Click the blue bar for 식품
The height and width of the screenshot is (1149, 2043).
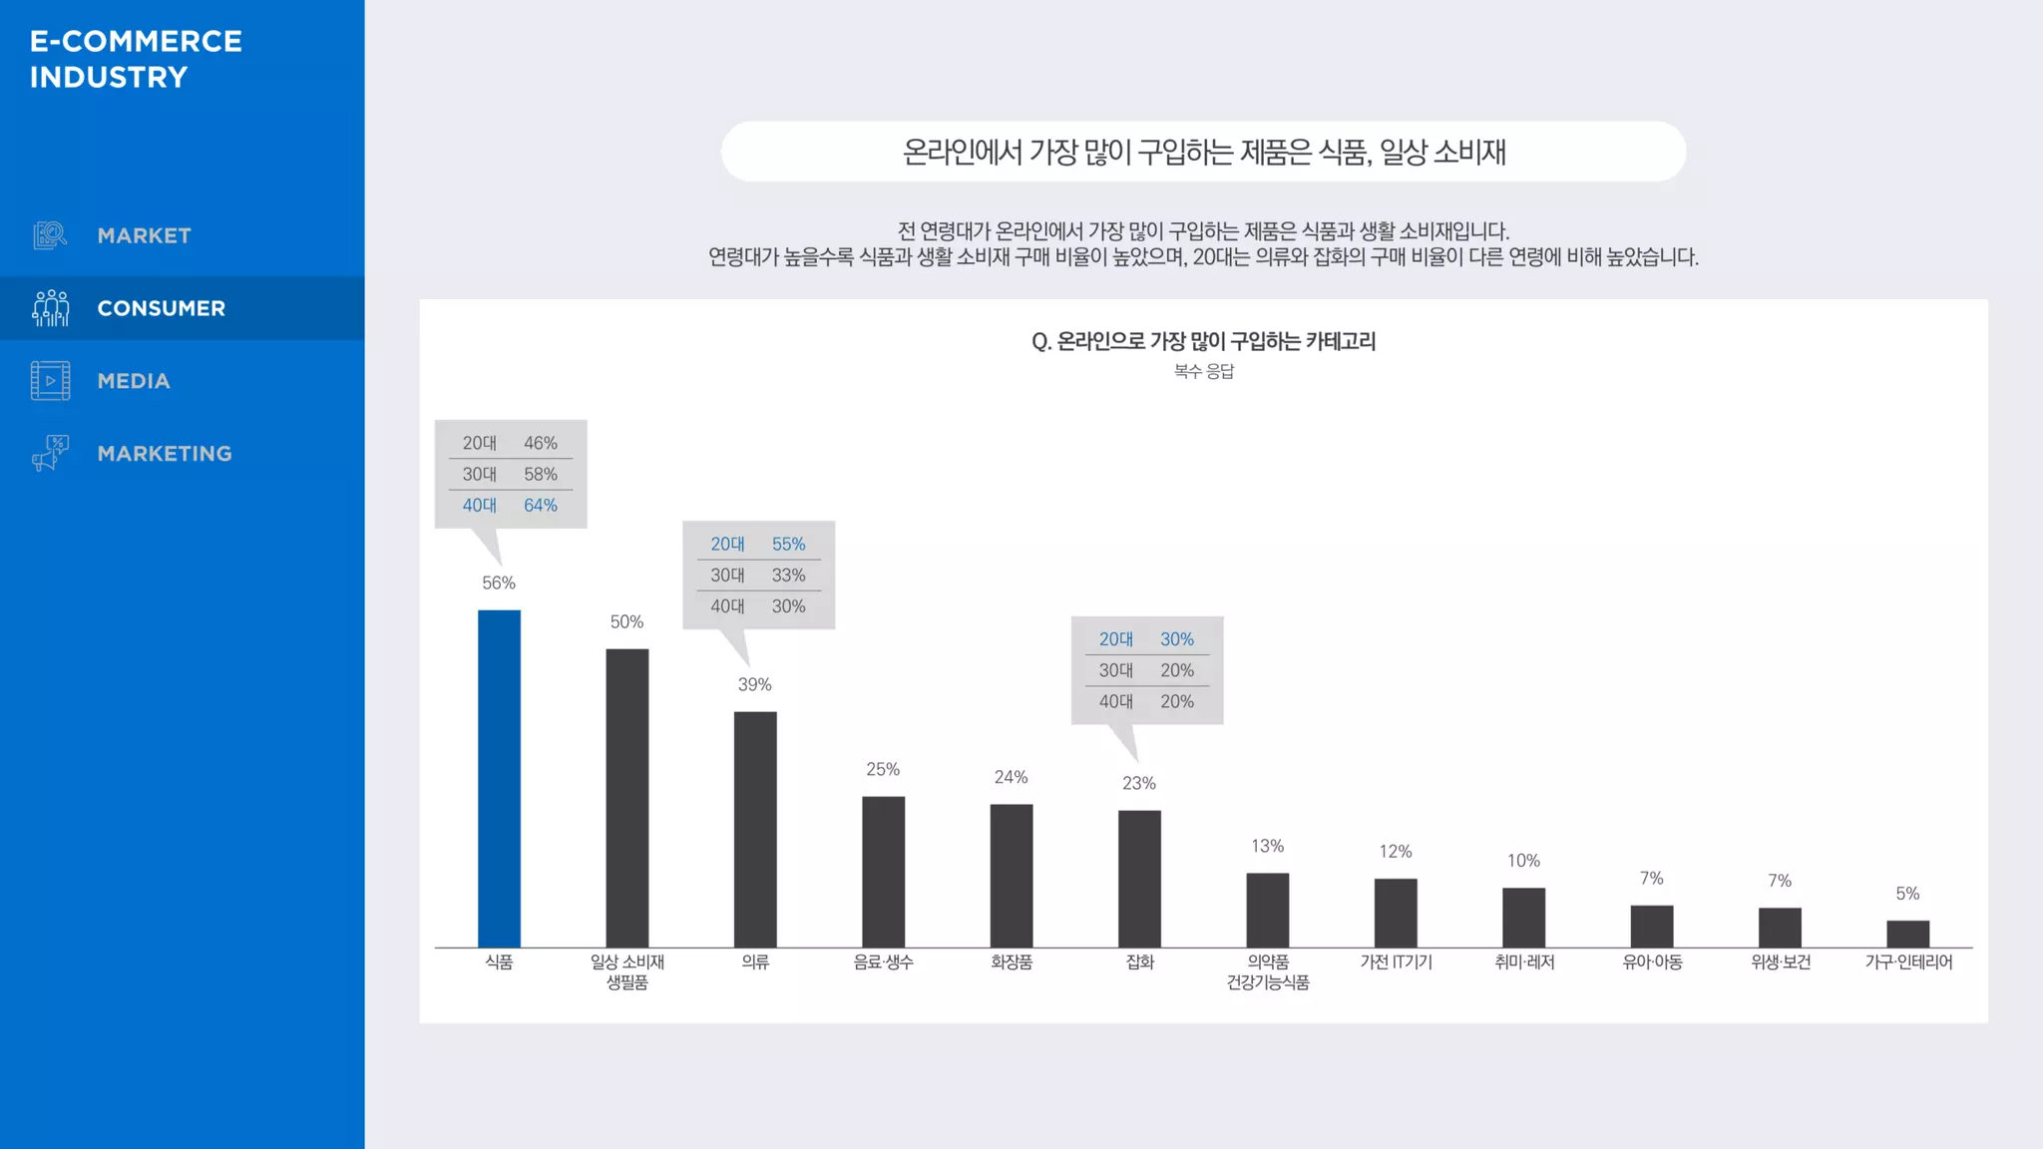[499, 778]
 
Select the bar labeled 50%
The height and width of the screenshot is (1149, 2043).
[626, 798]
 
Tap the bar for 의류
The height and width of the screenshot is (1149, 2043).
[755, 829]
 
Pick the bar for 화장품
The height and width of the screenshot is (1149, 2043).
[1012, 876]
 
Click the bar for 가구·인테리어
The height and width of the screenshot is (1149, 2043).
[1907, 934]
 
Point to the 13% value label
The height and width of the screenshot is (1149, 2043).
[1267, 846]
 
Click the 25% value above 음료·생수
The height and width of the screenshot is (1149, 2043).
[883, 769]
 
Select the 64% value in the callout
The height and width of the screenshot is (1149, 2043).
[541, 506]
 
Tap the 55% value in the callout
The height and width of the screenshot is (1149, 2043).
[788, 545]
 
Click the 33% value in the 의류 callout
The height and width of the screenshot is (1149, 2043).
[788, 575]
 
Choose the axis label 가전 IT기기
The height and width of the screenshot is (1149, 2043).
[1396, 962]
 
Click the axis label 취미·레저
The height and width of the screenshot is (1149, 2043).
[1524, 962]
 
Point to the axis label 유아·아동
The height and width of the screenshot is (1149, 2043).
[1652, 962]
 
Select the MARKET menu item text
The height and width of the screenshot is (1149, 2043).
[145, 236]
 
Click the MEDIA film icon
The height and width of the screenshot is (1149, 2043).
[50, 381]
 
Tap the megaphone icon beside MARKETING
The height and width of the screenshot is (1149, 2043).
[50, 453]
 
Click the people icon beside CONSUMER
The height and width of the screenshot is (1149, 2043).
[50, 308]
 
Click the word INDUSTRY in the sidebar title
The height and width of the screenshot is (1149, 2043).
[109, 78]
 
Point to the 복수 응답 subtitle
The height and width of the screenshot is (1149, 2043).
[1204, 371]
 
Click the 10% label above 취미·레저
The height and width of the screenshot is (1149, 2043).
[1523, 861]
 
